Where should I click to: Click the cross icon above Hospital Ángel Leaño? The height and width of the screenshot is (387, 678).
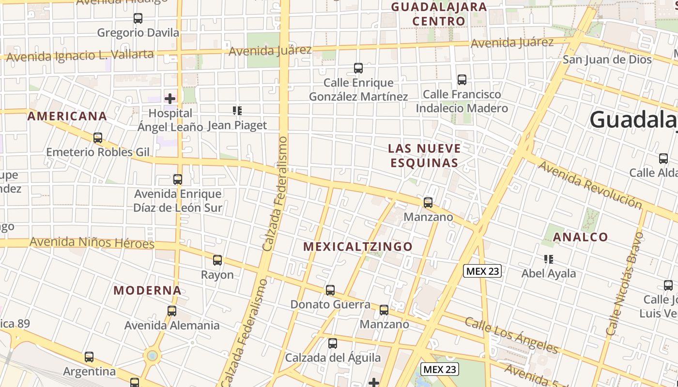point(170,99)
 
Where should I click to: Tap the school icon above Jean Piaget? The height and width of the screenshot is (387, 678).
point(237,111)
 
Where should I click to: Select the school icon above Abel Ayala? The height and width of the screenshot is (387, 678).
point(549,259)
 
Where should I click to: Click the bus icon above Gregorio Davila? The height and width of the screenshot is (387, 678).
point(138,18)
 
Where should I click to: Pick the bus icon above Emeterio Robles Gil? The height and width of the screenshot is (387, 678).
point(98,138)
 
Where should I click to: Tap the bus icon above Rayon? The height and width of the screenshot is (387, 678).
point(217,260)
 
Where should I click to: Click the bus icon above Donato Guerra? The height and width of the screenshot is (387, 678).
point(330,290)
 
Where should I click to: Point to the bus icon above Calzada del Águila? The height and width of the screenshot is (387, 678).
point(333,343)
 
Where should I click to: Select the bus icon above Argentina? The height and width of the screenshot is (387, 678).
point(89,357)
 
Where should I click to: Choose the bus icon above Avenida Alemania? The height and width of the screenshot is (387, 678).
point(172,311)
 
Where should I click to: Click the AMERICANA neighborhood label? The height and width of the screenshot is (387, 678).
point(67,116)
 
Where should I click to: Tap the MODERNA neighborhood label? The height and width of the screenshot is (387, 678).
point(148,291)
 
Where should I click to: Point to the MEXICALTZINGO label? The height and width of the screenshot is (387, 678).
point(358,247)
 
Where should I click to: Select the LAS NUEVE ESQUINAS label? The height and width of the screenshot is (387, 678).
point(425,155)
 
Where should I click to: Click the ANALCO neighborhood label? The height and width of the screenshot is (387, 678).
point(581,237)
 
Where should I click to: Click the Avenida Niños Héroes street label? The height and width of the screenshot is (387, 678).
point(92,242)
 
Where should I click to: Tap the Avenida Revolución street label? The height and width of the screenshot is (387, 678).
point(590,185)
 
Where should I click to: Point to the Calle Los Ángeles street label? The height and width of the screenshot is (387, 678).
point(512,335)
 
